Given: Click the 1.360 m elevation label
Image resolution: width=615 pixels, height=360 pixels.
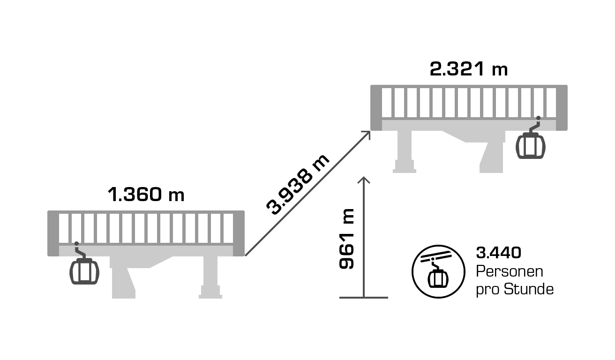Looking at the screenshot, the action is pyautogui.click(x=146, y=195).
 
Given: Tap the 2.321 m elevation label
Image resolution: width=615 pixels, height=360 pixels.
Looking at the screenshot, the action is pyautogui.click(x=469, y=68).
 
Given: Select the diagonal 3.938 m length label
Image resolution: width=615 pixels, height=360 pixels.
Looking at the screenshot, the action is pyautogui.click(x=298, y=185).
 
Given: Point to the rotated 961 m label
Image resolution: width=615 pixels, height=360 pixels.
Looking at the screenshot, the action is pyautogui.click(x=346, y=239).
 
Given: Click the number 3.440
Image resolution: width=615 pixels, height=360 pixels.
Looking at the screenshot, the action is pyautogui.click(x=499, y=253).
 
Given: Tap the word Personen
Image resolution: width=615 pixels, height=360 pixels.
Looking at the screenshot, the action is pyautogui.click(x=510, y=271).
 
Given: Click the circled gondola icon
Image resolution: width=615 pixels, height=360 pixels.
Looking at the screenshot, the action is pyautogui.click(x=438, y=271).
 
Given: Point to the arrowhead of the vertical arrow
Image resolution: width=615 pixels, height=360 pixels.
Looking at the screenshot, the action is pyautogui.click(x=364, y=180).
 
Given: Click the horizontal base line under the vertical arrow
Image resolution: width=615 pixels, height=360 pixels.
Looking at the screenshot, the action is pyautogui.click(x=364, y=297).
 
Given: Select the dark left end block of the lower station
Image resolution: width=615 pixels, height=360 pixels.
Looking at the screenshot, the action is pyautogui.click(x=53, y=233).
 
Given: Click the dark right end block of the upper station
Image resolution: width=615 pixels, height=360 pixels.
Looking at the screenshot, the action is pyautogui.click(x=562, y=108).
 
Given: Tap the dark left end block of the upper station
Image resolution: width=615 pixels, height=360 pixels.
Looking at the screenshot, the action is pyautogui.click(x=376, y=108).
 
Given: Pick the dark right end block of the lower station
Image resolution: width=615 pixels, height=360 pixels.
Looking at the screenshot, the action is pyautogui.click(x=239, y=233).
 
